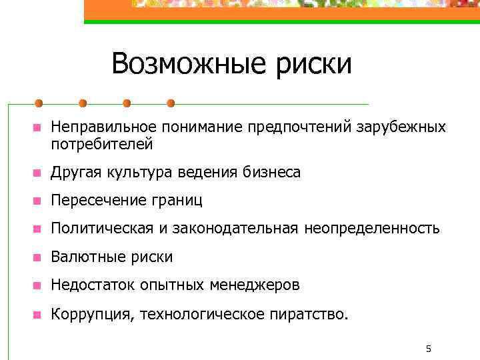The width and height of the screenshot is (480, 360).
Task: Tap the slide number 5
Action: click(x=429, y=349)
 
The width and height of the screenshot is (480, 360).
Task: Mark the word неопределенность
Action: click(x=372, y=229)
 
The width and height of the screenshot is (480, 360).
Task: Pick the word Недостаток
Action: click(x=93, y=285)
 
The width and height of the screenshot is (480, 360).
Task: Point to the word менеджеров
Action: click(x=255, y=285)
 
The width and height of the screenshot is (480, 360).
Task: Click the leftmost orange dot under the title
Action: click(x=39, y=103)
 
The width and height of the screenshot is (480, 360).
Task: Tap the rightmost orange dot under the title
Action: click(x=171, y=103)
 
